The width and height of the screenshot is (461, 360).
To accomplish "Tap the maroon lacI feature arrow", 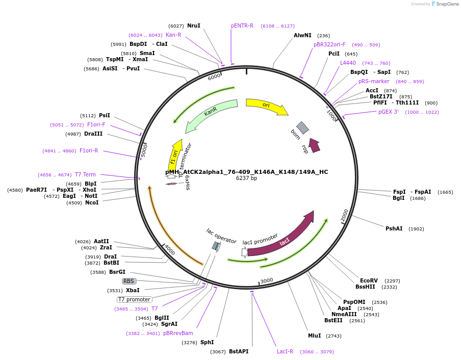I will coord(284,240).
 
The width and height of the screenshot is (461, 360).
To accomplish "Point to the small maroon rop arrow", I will coord(314,145).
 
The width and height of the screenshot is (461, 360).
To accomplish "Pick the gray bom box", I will coord(302,127).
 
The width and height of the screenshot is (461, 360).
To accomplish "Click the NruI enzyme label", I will coord(194,25).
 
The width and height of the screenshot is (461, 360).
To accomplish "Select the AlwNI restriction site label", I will coord(302,35).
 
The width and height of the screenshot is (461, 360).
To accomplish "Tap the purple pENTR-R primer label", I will coord(242,25).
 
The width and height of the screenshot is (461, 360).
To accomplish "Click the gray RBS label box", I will coord(129,281).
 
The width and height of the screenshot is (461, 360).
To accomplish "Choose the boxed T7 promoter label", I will coord(135,299).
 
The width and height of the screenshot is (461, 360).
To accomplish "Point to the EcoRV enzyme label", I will coord(369,280).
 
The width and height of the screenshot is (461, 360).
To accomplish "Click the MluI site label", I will coord(315,336).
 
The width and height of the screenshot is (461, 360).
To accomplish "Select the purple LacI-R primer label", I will coord(285,351).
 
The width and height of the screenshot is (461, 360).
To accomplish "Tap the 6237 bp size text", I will coord(246,178).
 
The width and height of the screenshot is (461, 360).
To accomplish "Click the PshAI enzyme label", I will coord(394,228).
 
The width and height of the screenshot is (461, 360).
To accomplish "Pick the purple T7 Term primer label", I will coord(85,174).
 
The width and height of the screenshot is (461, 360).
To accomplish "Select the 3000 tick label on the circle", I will coord(267,281).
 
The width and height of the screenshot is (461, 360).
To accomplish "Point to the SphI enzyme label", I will coord(207,342).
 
